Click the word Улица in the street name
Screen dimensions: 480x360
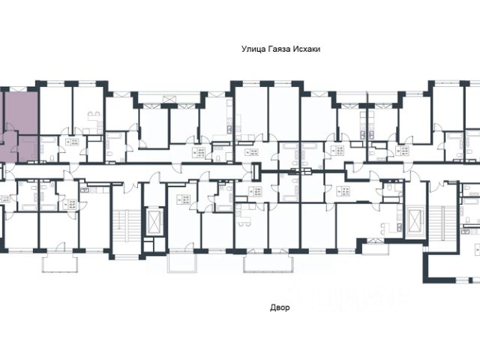251,47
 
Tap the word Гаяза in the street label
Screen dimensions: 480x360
278,47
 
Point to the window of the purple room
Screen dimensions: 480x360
21,87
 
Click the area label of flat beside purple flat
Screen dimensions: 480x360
74,143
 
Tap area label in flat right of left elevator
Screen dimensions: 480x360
182,199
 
